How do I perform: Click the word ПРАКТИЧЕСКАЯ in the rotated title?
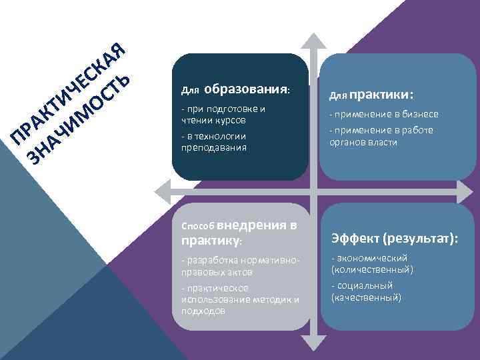tap(67, 93)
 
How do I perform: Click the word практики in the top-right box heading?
tap(379, 94)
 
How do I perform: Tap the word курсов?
tap(229, 120)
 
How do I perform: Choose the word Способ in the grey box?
tap(197, 226)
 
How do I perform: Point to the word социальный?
tap(369, 285)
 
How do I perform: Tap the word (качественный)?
tap(366, 297)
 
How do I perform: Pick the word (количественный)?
tap(372, 269)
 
